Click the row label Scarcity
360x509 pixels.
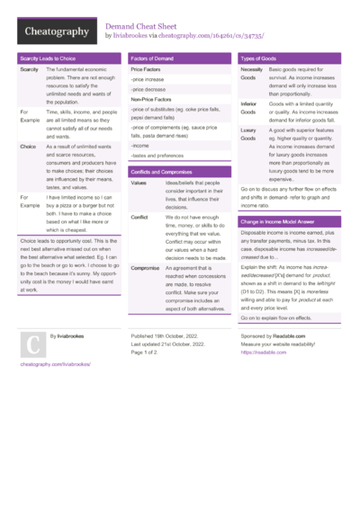(29, 69)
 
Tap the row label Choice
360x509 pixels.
(28, 145)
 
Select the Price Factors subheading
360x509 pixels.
(146, 69)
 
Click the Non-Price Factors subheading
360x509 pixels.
(152, 100)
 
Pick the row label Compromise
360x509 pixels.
(145, 268)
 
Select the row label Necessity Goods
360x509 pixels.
(252, 74)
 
